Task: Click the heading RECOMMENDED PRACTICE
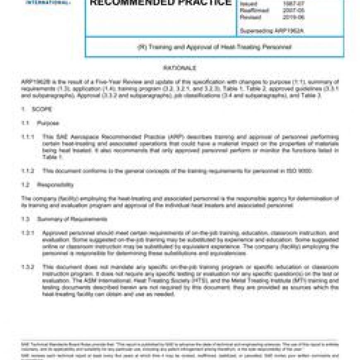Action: [x=161, y=3]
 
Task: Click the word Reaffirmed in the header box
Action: [x=254, y=10]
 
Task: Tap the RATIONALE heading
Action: [x=180, y=68]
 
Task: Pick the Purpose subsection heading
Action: [x=48, y=123]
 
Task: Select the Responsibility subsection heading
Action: [x=55, y=185]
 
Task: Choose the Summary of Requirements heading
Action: [x=72, y=219]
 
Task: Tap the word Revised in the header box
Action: [x=250, y=17]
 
